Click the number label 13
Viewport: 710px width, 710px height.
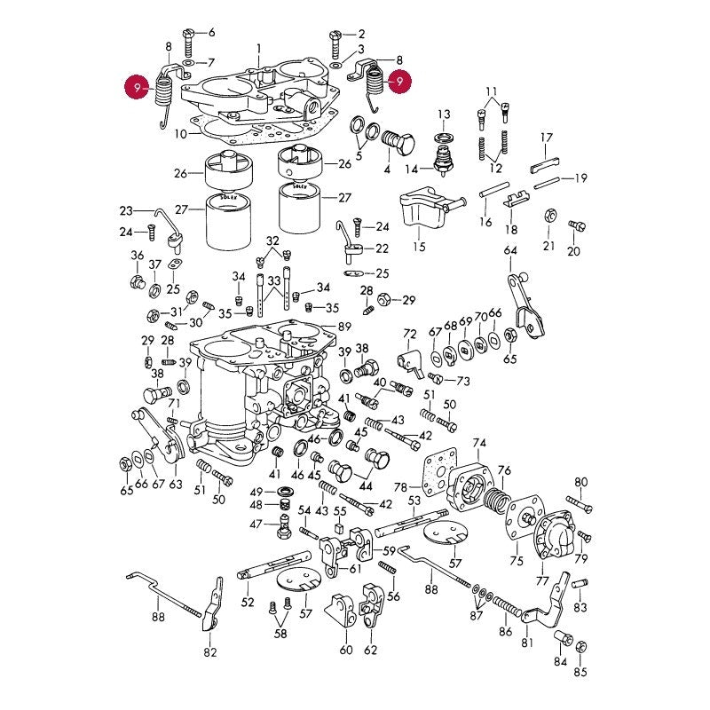tap(444, 114)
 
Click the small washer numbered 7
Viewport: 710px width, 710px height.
tap(188, 62)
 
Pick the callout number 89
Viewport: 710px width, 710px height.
tap(345, 327)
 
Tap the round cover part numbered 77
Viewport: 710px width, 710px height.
tap(556, 536)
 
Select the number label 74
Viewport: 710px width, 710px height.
tap(479, 443)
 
